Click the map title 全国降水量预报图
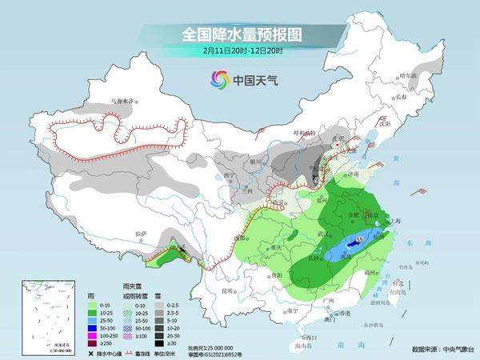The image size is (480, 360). point(239,35)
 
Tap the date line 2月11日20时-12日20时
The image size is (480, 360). point(239,50)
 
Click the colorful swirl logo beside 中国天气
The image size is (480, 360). point(219,79)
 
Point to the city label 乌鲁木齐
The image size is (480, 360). point(125,102)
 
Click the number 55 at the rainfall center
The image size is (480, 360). point(359,239)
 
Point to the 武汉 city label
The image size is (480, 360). point(323,233)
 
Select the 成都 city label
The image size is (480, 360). point(241,238)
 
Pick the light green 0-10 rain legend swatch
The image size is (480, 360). point(93,305)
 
